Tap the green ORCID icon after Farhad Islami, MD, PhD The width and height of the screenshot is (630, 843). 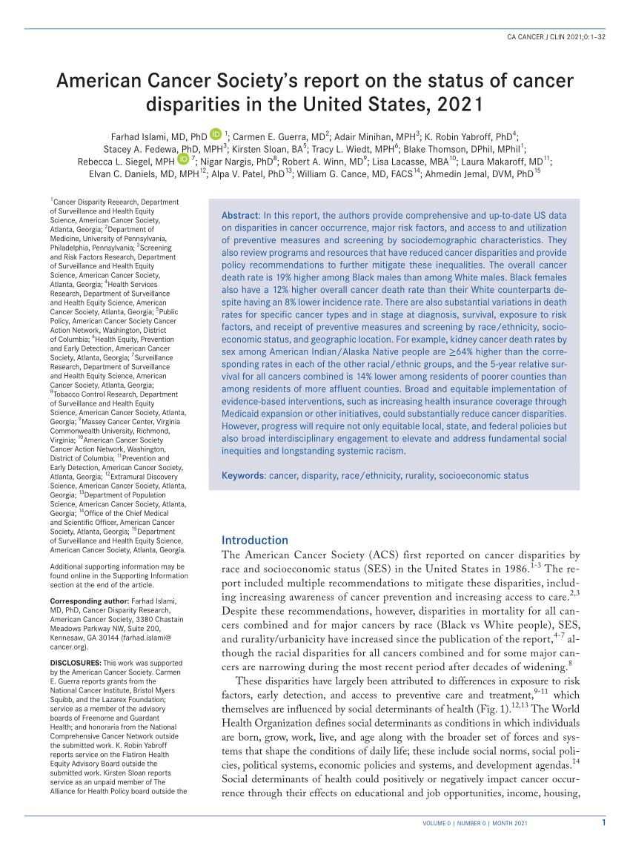216,134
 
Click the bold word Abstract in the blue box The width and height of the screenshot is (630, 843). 240,215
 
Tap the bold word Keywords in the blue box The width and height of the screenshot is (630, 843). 244,475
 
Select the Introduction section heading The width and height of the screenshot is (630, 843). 255,540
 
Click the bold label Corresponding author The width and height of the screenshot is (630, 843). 83,601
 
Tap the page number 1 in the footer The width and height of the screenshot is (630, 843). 603,822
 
